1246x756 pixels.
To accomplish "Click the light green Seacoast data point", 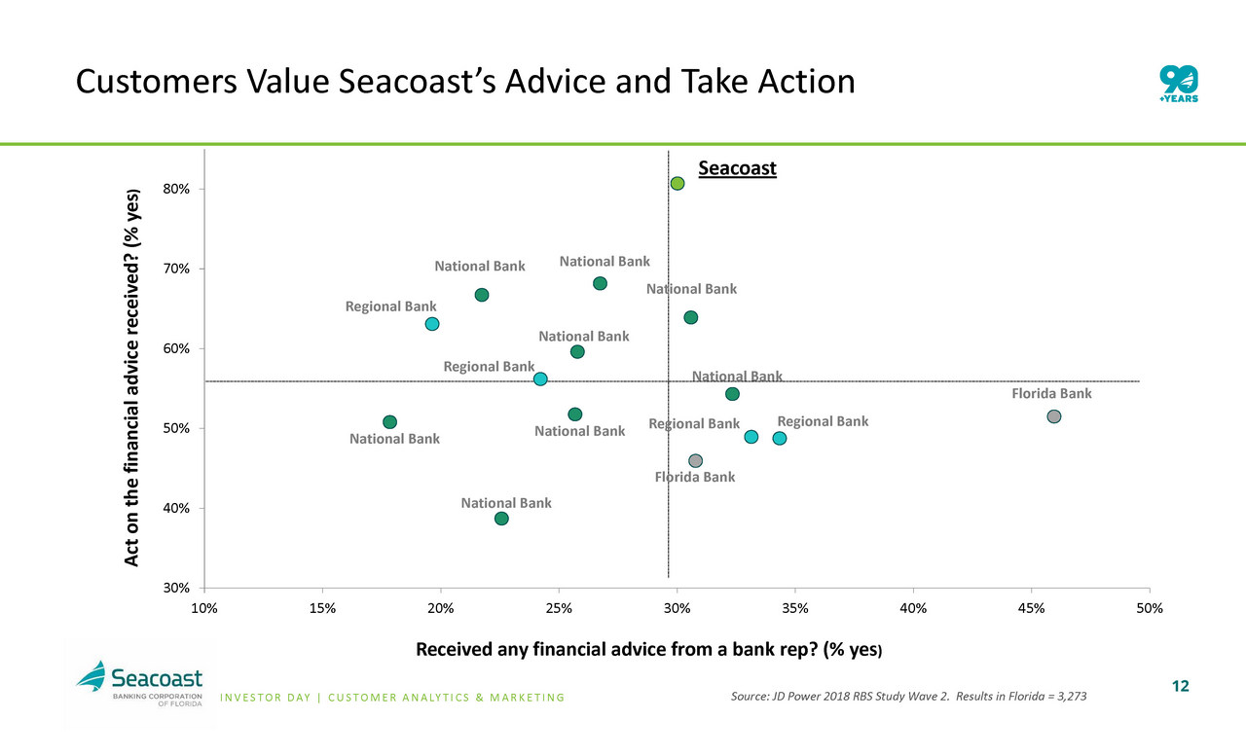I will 678,183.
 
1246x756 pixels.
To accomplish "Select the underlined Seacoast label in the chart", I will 737,168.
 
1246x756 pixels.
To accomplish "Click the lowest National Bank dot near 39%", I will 501,519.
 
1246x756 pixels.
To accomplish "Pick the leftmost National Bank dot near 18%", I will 389,421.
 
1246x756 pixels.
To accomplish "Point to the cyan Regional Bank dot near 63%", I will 432,324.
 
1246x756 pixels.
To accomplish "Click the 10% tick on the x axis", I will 204,607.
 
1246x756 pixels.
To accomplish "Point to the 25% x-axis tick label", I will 559,607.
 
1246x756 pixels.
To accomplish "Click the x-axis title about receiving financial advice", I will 649,649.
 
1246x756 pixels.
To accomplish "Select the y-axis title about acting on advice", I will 133,377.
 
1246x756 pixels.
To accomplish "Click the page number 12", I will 1180,687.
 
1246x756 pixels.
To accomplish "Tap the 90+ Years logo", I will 1179,82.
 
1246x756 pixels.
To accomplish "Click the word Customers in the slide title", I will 154,83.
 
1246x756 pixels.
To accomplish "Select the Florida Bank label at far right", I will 1051,394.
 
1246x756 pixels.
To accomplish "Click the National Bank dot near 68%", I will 600,283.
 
